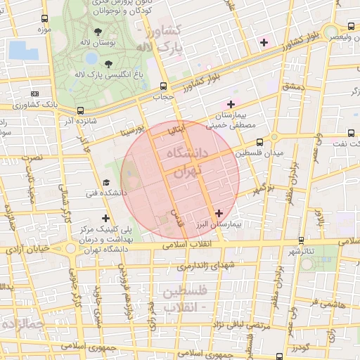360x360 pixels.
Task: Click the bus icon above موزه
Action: [46, 19]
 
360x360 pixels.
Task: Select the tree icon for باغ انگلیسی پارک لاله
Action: [108, 64]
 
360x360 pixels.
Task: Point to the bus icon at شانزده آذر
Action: [80, 110]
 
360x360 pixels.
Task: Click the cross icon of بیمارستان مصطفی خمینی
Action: [230, 105]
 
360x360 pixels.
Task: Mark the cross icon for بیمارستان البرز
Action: [219, 212]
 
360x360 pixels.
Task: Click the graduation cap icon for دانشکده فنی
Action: [106, 182]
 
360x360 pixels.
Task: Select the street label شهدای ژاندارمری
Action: [205, 266]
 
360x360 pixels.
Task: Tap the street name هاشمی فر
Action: [328, 304]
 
